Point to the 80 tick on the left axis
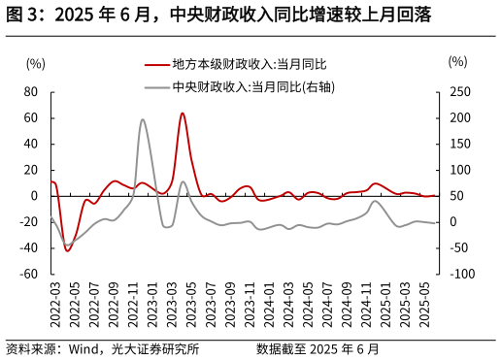point(31,92)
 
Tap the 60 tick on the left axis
point(31,118)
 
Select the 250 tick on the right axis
point(462,92)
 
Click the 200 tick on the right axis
point(462,118)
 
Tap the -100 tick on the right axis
point(463,274)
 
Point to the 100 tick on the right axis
point(462,170)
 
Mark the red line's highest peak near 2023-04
point(183,113)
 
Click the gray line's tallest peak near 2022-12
point(143,119)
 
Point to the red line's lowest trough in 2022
point(67,250)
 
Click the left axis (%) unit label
point(35,63)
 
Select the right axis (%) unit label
point(457,61)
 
